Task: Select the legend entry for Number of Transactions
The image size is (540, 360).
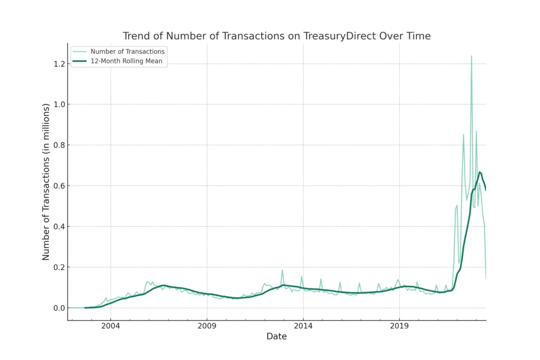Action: pos(128,52)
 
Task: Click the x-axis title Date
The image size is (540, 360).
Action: pos(276,337)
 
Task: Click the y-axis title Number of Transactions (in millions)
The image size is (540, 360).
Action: pos(46,182)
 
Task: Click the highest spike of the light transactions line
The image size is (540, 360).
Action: pos(471,56)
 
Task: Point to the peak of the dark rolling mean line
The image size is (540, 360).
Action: pos(480,172)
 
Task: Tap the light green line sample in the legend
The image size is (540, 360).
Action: pos(80,52)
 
